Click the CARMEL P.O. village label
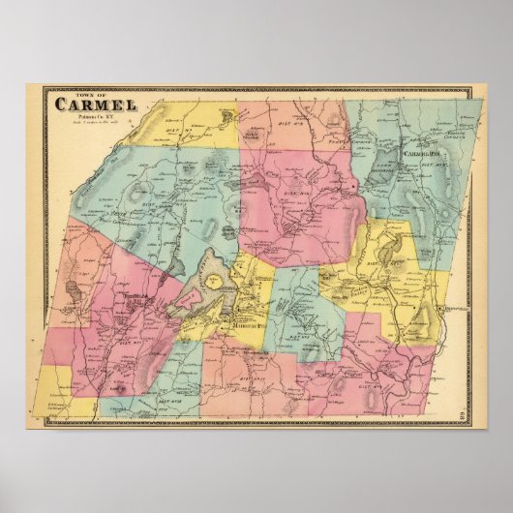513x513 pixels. (x=415, y=154)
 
